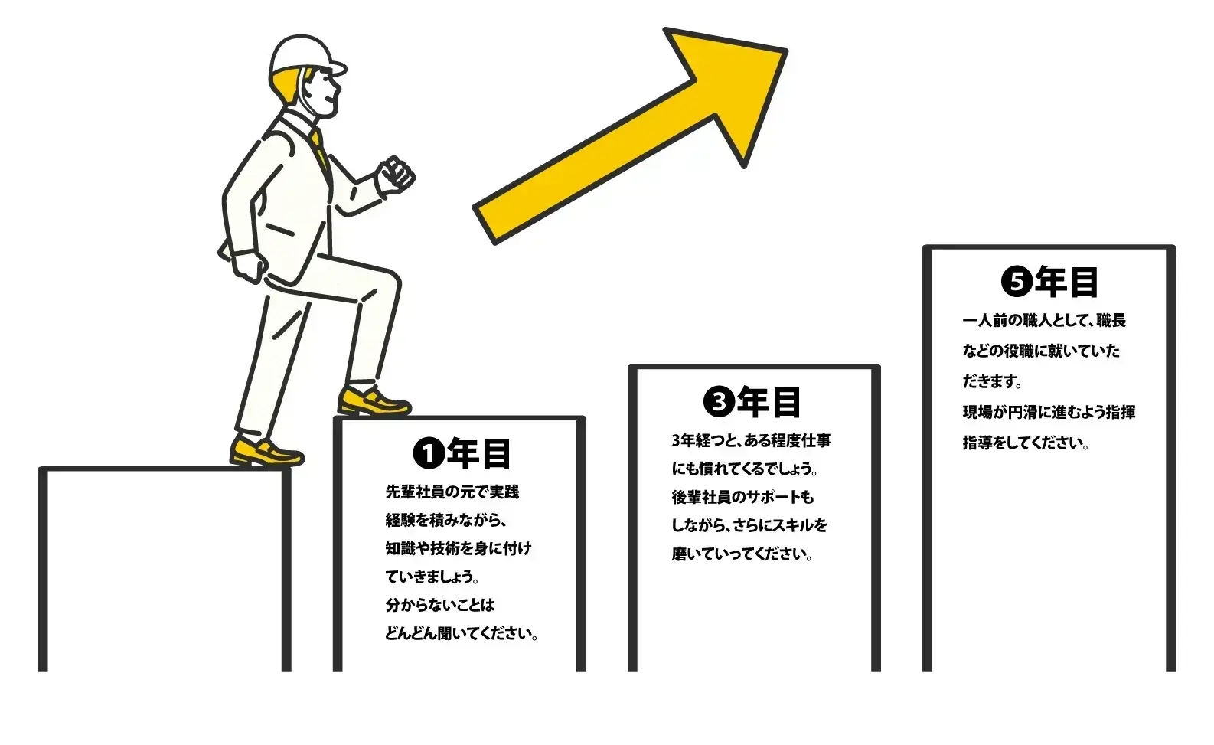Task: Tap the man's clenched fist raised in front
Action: point(396,175)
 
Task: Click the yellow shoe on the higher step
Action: point(374,401)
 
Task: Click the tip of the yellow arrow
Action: point(786,51)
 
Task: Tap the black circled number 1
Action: point(429,454)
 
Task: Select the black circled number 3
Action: point(719,401)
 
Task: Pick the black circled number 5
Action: point(1017,282)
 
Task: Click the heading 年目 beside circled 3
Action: point(769,402)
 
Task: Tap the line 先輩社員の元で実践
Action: point(452,492)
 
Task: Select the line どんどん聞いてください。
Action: point(462,634)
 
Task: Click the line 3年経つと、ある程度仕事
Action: point(752,441)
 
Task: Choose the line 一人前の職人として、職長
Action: point(1044,321)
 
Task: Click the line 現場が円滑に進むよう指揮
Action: point(1049,413)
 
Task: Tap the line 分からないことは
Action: point(440,606)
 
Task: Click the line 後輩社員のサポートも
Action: point(742,498)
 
